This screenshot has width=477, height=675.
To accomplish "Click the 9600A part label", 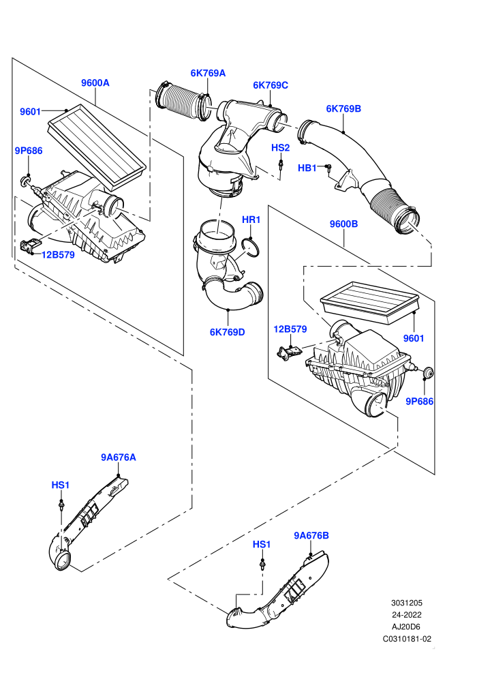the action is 95,82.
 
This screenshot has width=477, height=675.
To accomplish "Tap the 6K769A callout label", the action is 208,73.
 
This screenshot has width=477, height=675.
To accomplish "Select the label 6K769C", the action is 271,85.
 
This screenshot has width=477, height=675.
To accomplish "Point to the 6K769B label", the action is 343,108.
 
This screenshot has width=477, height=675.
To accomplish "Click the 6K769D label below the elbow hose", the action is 227,332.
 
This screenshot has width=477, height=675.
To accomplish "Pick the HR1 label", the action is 251,220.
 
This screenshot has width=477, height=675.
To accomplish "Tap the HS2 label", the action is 281,148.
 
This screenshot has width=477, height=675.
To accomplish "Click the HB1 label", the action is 307,168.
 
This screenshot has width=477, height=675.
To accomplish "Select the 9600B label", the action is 343,224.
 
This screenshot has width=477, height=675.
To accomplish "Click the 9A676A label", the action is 119,457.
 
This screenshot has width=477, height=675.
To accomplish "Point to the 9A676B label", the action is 311,535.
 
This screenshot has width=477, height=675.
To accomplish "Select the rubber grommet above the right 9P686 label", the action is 427,373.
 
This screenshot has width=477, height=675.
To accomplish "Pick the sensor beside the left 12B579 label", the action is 30,246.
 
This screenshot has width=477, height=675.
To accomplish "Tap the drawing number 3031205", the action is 406,603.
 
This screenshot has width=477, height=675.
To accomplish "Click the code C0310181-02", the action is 407,639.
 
